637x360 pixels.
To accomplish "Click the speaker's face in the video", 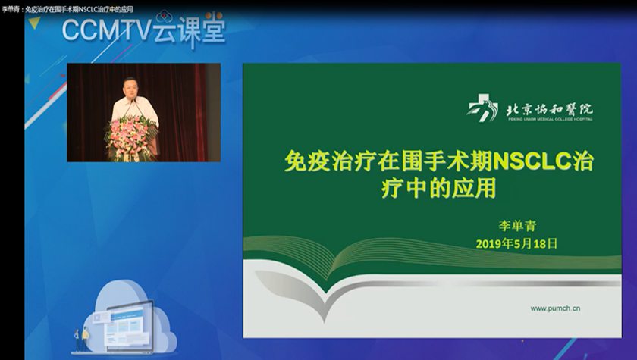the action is click(x=130, y=87).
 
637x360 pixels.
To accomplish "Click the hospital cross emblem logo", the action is click(x=482, y=108).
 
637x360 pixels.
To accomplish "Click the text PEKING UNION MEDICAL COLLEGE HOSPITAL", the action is click(x=550, y=119).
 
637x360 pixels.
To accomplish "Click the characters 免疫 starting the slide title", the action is click(x=307, y=161).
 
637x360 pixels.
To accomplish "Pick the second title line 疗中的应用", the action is click(x=439, y=188).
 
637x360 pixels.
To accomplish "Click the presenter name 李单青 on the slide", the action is click(x=517, y=225).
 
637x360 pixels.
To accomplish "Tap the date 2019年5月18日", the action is click(x=516, y=243).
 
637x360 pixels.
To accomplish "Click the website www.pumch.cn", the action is click(x=555, y=308).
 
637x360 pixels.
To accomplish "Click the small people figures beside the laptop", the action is click(x=81, y=339).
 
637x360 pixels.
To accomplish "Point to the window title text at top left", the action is click(x=67, y=9).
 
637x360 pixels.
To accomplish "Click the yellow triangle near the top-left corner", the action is click(x=34, y=23).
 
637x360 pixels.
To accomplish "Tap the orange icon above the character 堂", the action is click(x=214, y=16).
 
